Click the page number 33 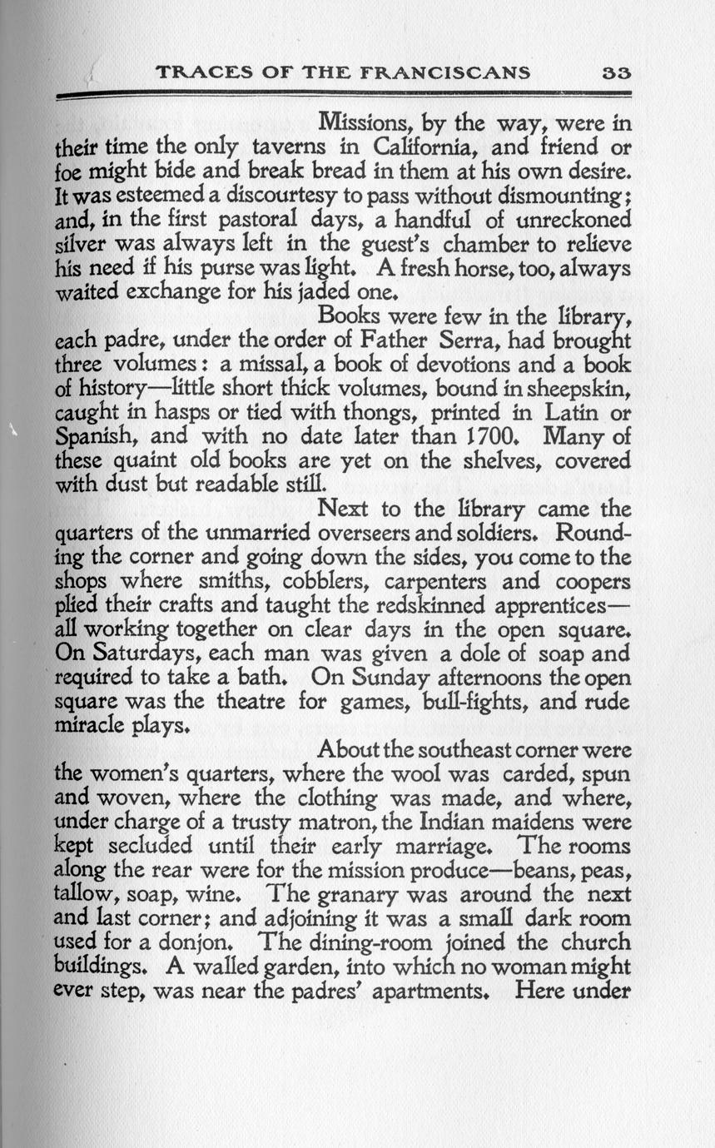click(616, 72)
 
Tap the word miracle click(92, 727)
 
